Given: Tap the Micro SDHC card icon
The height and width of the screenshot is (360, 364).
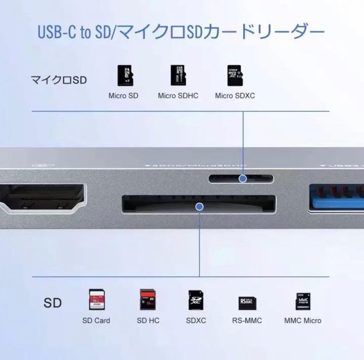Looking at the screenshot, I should pyautogui.click(x=178, y=76).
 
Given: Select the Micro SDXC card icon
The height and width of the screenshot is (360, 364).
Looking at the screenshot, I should pyautogui.click(x=235, y=76).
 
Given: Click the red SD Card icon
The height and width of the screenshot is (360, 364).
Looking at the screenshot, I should pyautogui.click(x=96, y=299).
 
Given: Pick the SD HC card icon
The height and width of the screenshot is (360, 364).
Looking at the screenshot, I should pyautogui.click(x=148, y=299).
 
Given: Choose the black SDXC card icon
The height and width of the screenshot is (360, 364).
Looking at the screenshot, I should pyautogui.click(x=196, y=299).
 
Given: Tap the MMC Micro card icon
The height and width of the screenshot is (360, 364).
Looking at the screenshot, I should pyautogui.click(x=303, y=301).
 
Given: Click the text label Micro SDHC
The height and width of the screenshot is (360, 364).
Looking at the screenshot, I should pyautogui.click(x=178, y=96).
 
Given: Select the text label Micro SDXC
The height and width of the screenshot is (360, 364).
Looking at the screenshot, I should pyautogui.click(x=235, y=96).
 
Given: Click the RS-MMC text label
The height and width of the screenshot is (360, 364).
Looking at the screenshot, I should pyautogui.click(x=247, y=321).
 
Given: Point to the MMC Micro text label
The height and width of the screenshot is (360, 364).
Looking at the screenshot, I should pyautogui.click(x=303, y=321).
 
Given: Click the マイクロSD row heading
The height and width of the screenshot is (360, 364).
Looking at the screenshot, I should pyautogui.click(x=59, y=80).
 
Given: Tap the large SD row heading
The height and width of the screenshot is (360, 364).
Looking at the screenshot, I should pyautogui.click(x=53, y=303).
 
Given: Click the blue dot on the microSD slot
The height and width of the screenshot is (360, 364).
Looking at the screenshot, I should pyautogui.click(x=243, y=179).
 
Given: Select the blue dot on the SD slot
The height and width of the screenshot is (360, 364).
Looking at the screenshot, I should pyautogui.click(x=200, y=207).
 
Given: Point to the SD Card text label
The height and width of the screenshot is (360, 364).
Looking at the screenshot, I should pyautogui.click(x=96, y=321).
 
